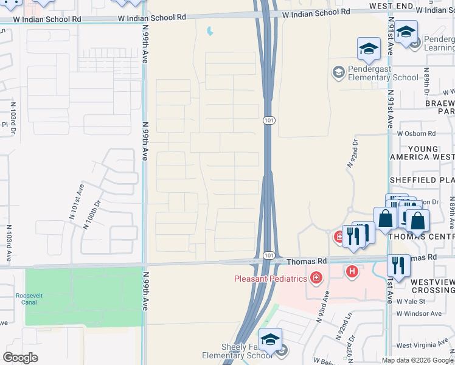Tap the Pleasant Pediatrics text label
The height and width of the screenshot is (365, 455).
coord(271,279)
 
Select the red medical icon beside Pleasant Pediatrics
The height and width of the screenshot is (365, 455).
coord(315,279)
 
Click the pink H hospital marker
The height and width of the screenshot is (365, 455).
coord(351,271)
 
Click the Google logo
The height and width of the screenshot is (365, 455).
coord(20,358)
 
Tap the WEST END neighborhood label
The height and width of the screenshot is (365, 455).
coord(387,5)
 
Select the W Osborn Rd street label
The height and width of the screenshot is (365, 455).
coord(416,133)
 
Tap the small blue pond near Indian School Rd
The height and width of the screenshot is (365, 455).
coord(210,30)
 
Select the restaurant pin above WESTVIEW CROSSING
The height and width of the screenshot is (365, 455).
coord(398,265)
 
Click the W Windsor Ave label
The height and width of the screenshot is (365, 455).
coord(419,313)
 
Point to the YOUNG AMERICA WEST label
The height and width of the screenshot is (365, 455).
coord(423,153)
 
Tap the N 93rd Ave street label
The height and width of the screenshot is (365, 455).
coord(322,307)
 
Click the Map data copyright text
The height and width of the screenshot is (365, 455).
coord(417,360)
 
